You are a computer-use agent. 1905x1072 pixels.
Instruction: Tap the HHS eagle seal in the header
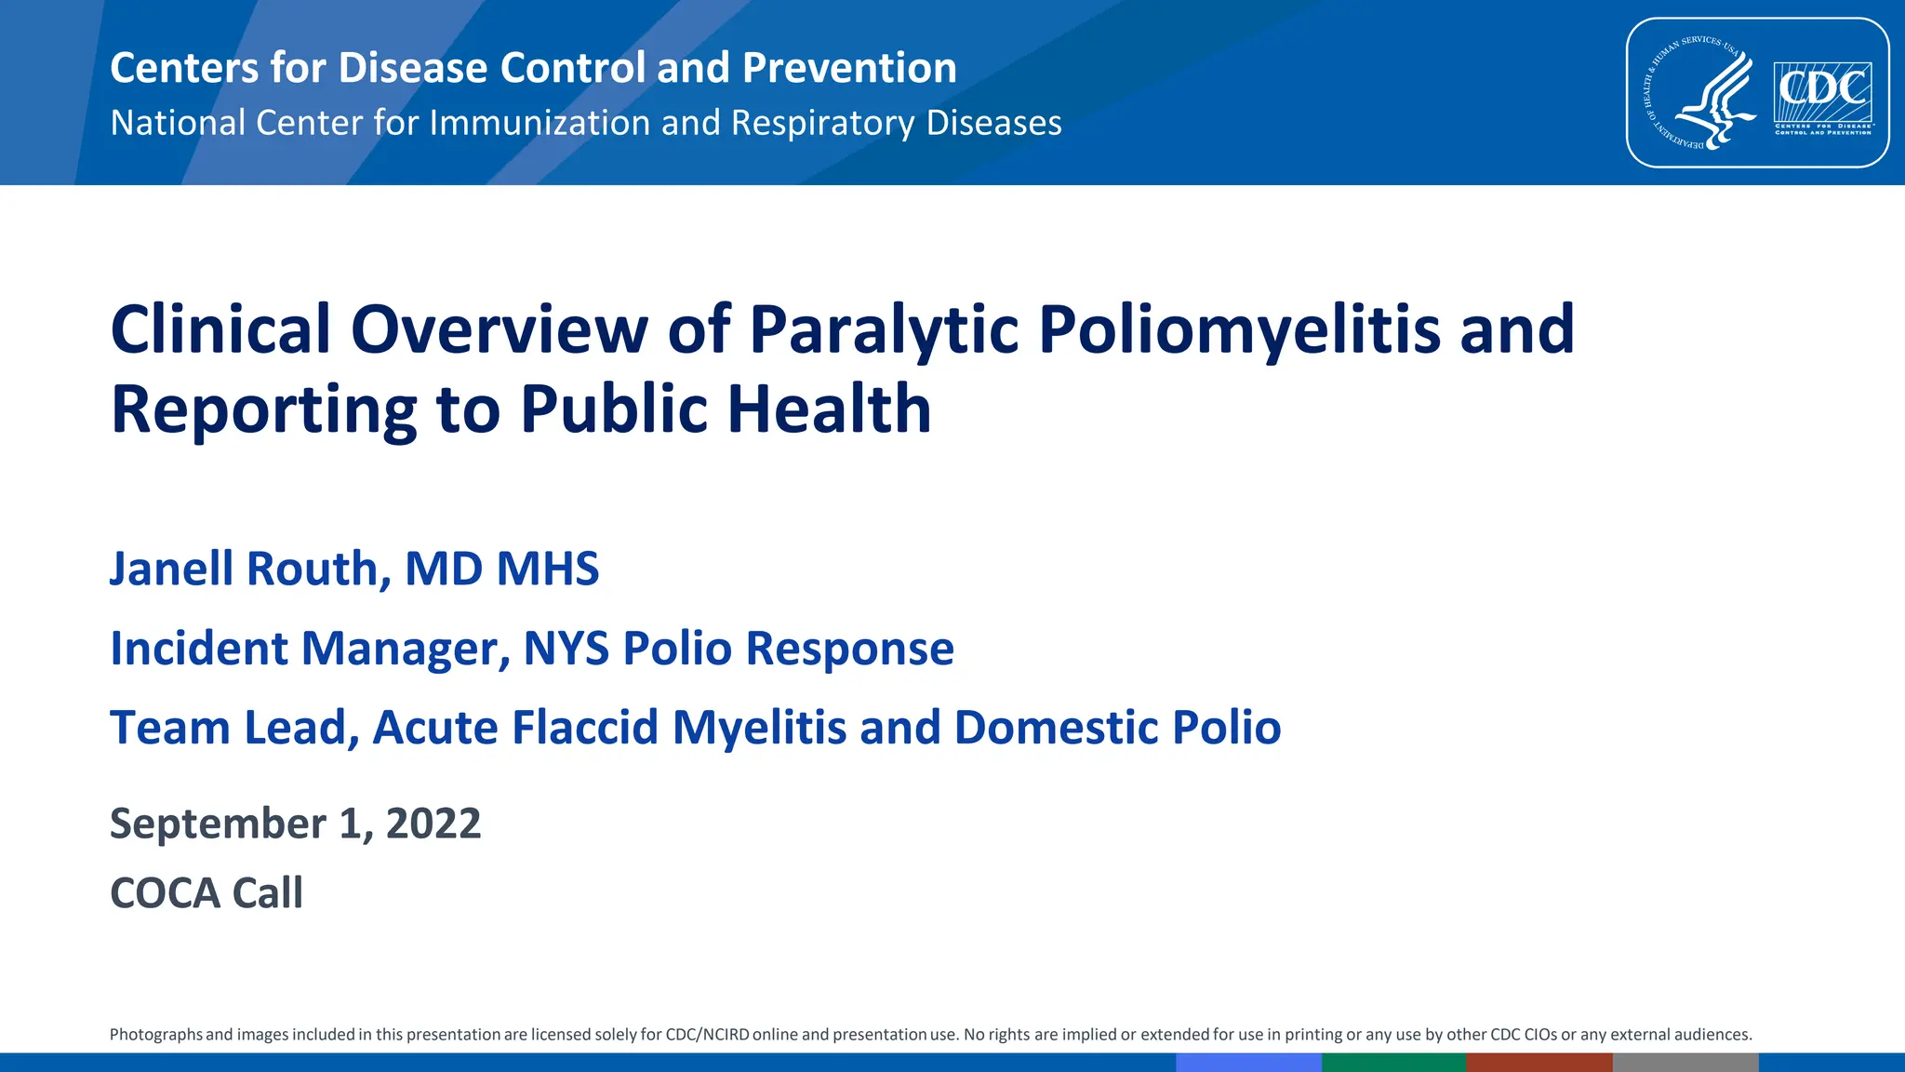coord(1701,94)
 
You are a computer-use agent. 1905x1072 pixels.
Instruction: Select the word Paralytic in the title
coord(884,330)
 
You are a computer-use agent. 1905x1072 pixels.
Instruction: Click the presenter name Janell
coord(171,569)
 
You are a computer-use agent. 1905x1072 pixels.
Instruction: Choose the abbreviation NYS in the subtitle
coord(566,649)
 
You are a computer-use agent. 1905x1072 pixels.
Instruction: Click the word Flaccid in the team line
coord(585,728)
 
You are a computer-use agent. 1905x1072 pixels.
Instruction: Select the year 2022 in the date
coord(433,824)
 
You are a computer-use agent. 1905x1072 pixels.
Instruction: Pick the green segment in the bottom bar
coord(1393,1063)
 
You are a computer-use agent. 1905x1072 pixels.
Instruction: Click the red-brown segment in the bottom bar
coord(1539,1063)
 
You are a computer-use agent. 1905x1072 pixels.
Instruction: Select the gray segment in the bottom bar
coord(1685,1063)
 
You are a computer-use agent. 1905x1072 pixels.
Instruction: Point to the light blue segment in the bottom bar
coord(1248,1063)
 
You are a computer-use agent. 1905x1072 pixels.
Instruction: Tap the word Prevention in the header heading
coord(849,68)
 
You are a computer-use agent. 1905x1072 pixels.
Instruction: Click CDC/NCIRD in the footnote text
coord(707,1035)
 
